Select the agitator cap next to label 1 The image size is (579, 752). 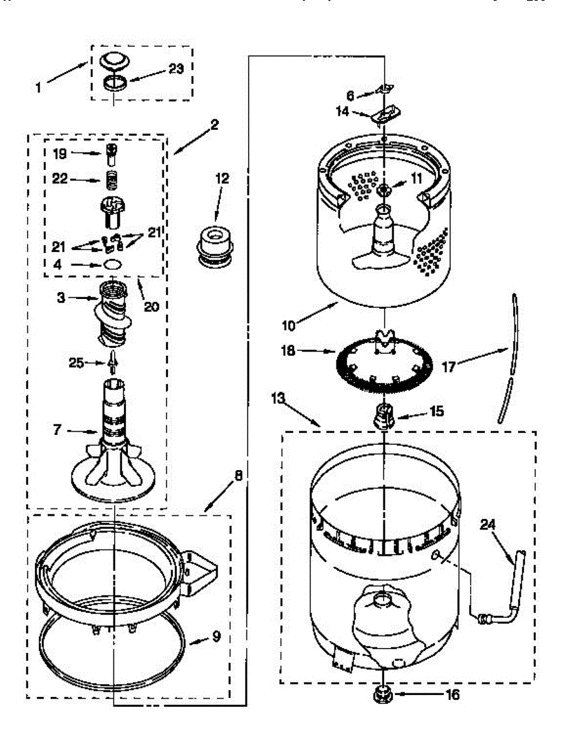[113, 62]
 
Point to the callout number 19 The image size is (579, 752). [60, 153]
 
